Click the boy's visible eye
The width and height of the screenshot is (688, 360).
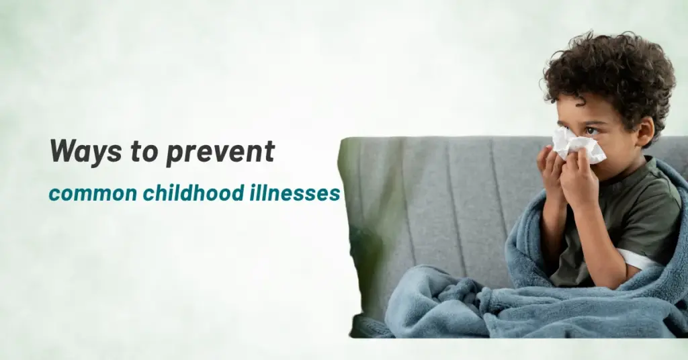click(x=591, y=130)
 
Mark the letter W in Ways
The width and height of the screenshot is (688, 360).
click(x=62, y=152)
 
